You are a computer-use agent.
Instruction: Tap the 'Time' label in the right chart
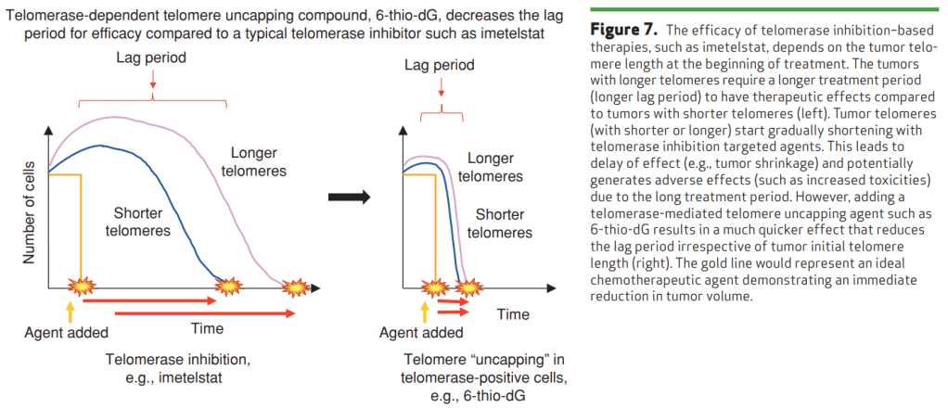[512, 314]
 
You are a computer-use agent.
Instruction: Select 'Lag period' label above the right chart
[440, 66]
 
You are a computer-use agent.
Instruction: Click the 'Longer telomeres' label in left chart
[253, 162]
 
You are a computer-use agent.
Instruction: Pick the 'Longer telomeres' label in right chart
[491, 167]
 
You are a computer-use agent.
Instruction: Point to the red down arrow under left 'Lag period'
[151, 86]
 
